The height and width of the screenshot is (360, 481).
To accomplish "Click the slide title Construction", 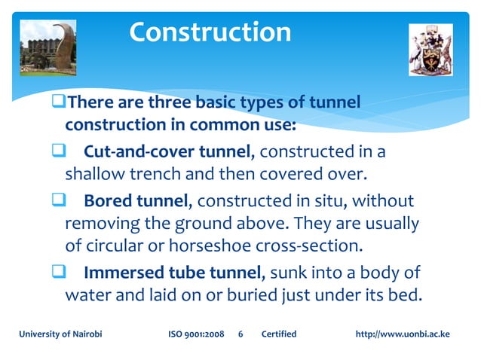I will pyautogui.click(x=210, y=32).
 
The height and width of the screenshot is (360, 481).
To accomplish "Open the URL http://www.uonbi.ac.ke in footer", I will pyautogui.click(x=402, y=334).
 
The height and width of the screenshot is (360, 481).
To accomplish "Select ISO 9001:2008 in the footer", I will pyautogui.click(x=195, y=334).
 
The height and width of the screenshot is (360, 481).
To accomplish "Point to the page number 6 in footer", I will pyautogui.click(x=240, y=334).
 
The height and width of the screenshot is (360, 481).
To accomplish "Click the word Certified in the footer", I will pyautogui.click(x=278, y=334).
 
